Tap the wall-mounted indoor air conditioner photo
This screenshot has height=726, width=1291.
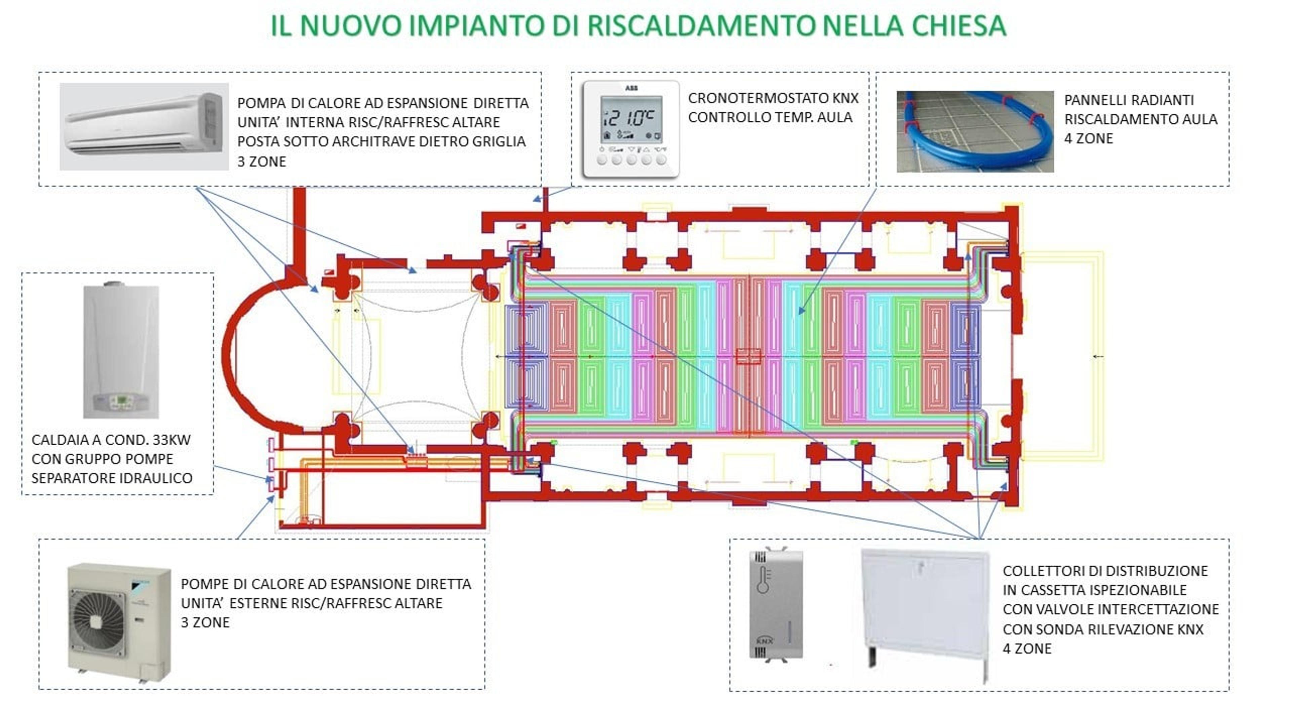[x=144, y=126]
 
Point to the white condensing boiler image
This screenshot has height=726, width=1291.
[x=121, y=350]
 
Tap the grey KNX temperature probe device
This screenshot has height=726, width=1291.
[x=776, y=604]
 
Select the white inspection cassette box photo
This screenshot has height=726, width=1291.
[x=924, y=615]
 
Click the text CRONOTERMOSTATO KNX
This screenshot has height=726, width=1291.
[x=773, y=98]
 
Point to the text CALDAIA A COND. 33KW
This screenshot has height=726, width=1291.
[x=111, y=440]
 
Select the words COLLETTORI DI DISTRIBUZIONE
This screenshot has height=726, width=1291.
[x=1105, y=571]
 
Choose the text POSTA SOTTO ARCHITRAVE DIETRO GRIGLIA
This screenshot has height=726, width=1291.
[x=381, y=142]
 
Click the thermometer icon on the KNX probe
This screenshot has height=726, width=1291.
[x=763, y=580]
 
